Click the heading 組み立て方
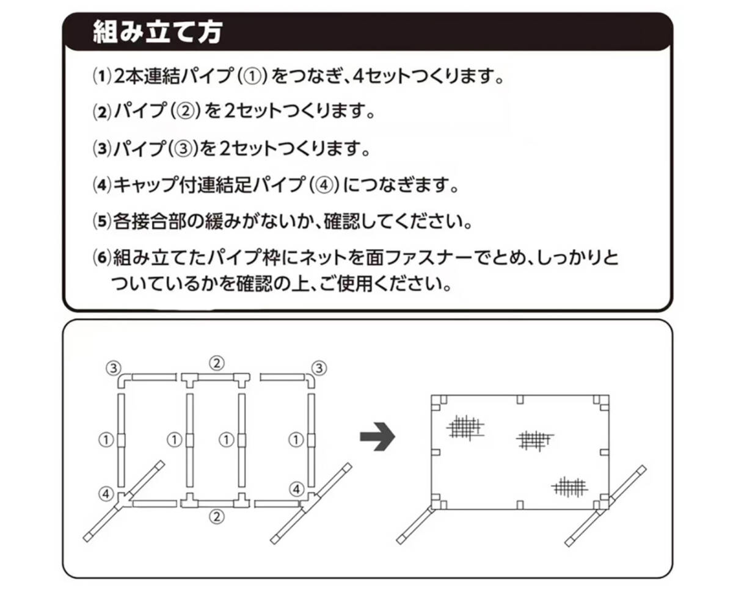157,32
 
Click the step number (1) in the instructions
100,78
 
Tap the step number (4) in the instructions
100,185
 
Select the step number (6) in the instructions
100,257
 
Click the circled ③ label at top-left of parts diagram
113,367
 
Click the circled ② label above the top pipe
216,363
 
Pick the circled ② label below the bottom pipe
216,517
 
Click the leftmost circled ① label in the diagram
106,438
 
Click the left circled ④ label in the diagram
106,491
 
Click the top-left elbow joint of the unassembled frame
123,380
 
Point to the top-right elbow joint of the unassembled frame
310,380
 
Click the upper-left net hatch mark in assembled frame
465,427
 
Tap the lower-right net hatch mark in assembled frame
569,486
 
